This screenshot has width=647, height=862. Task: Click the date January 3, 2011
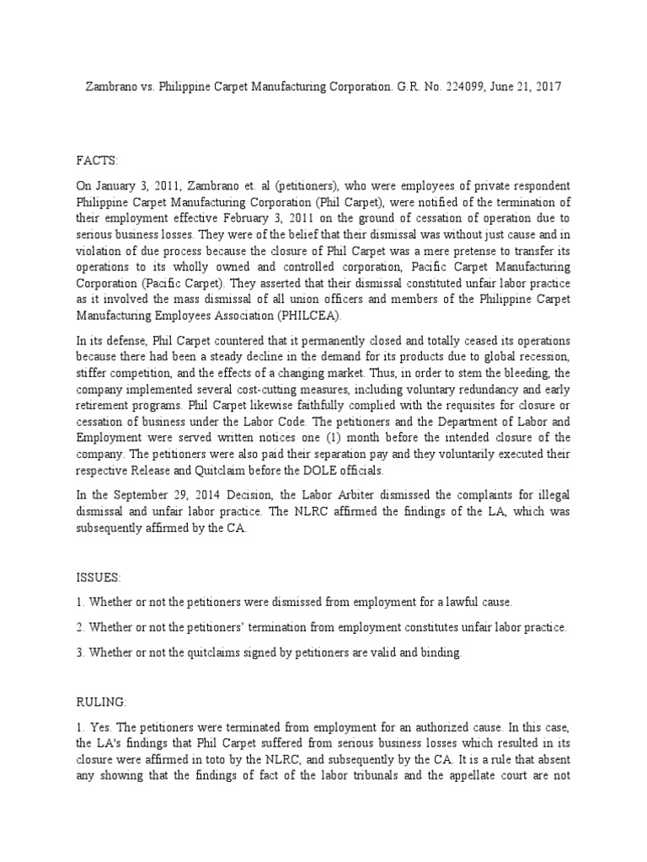point(136,185)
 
